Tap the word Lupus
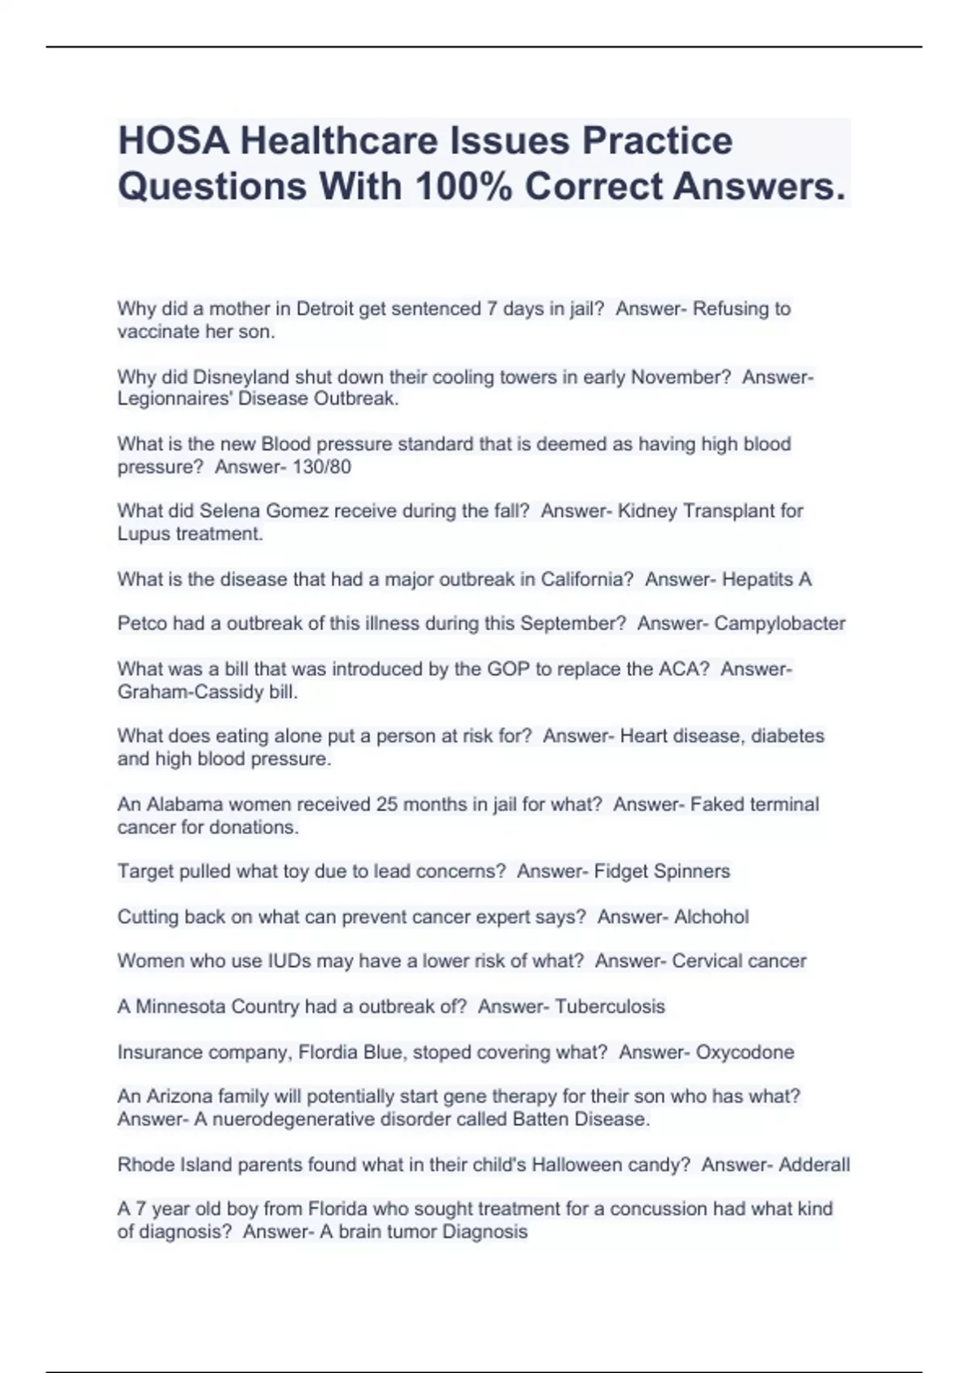click(143, 534)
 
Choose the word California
click(586, 579)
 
